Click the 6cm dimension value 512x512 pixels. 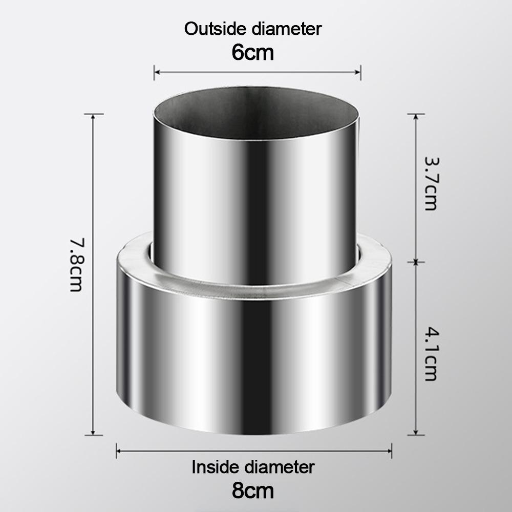pos(253,52)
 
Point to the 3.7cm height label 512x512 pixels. pos(432,184)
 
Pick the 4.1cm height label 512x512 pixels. pos(432,355)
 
